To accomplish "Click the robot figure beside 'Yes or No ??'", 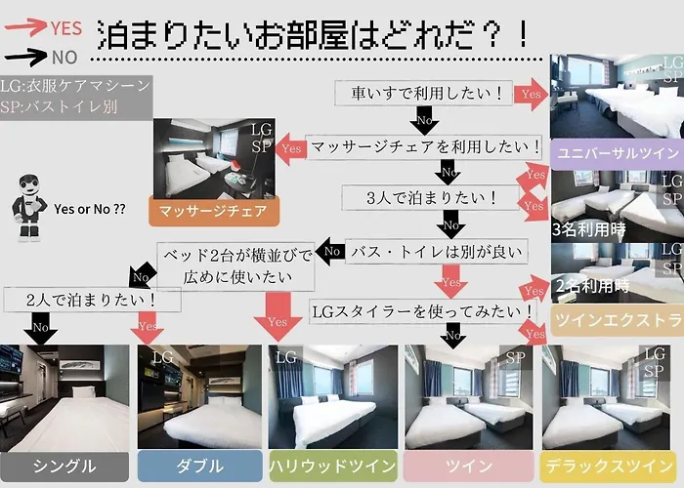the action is click(29, 207).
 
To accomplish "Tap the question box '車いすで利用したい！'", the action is click(423, 93).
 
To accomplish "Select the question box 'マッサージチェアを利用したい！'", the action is click(423, 146).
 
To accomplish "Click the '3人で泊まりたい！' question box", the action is click(431, 198).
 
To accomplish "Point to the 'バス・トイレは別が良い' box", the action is click(437, 252).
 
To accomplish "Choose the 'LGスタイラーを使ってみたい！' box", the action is click(423, 311).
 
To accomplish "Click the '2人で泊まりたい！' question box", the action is click(93, 300).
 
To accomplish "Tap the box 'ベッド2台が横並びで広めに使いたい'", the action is click(236, 266).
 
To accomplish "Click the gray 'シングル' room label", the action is click(64, 467).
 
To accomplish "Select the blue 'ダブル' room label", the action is click(199, 466).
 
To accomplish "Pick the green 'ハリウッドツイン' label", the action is click(333, 466).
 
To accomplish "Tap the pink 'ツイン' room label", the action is click(468, 466).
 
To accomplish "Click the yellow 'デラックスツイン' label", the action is click(608, 466).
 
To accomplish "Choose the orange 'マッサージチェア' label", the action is click(214, 212).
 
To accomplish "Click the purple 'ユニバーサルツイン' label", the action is click(617, 154).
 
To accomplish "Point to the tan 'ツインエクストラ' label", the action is click(617, 320).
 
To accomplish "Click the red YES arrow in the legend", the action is click(24, 26).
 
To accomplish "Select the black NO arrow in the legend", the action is click(25, 57).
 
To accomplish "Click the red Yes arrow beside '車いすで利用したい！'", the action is click(531, 94).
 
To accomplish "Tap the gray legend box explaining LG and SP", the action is click(76, 97).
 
